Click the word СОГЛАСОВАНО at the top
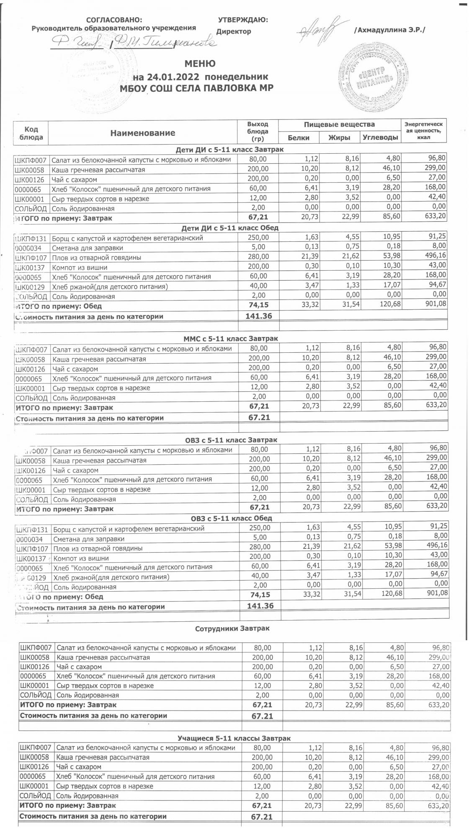[x=114, y=20]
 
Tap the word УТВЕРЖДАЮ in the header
[x=243, y=20]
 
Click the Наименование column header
[x=143, y=133]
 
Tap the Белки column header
[x=299, y=137]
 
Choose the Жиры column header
[x=339, y=137]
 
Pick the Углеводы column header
[x=379, y=137]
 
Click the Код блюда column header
[x=31, y=133]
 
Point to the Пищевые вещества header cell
[x=339, y=124]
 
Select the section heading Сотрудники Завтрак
[x=232, y=628]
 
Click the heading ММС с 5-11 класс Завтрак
[x=231, y=338]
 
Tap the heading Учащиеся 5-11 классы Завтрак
[x=234, y=738]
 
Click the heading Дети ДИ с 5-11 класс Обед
[x=230, y=228]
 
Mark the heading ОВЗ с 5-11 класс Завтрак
[x=231, y=440]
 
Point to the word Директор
[x=234, y=31]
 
